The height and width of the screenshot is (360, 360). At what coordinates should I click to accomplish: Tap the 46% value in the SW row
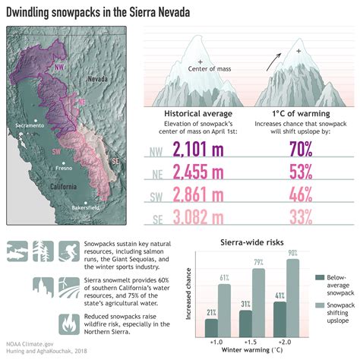tap(290, 194)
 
